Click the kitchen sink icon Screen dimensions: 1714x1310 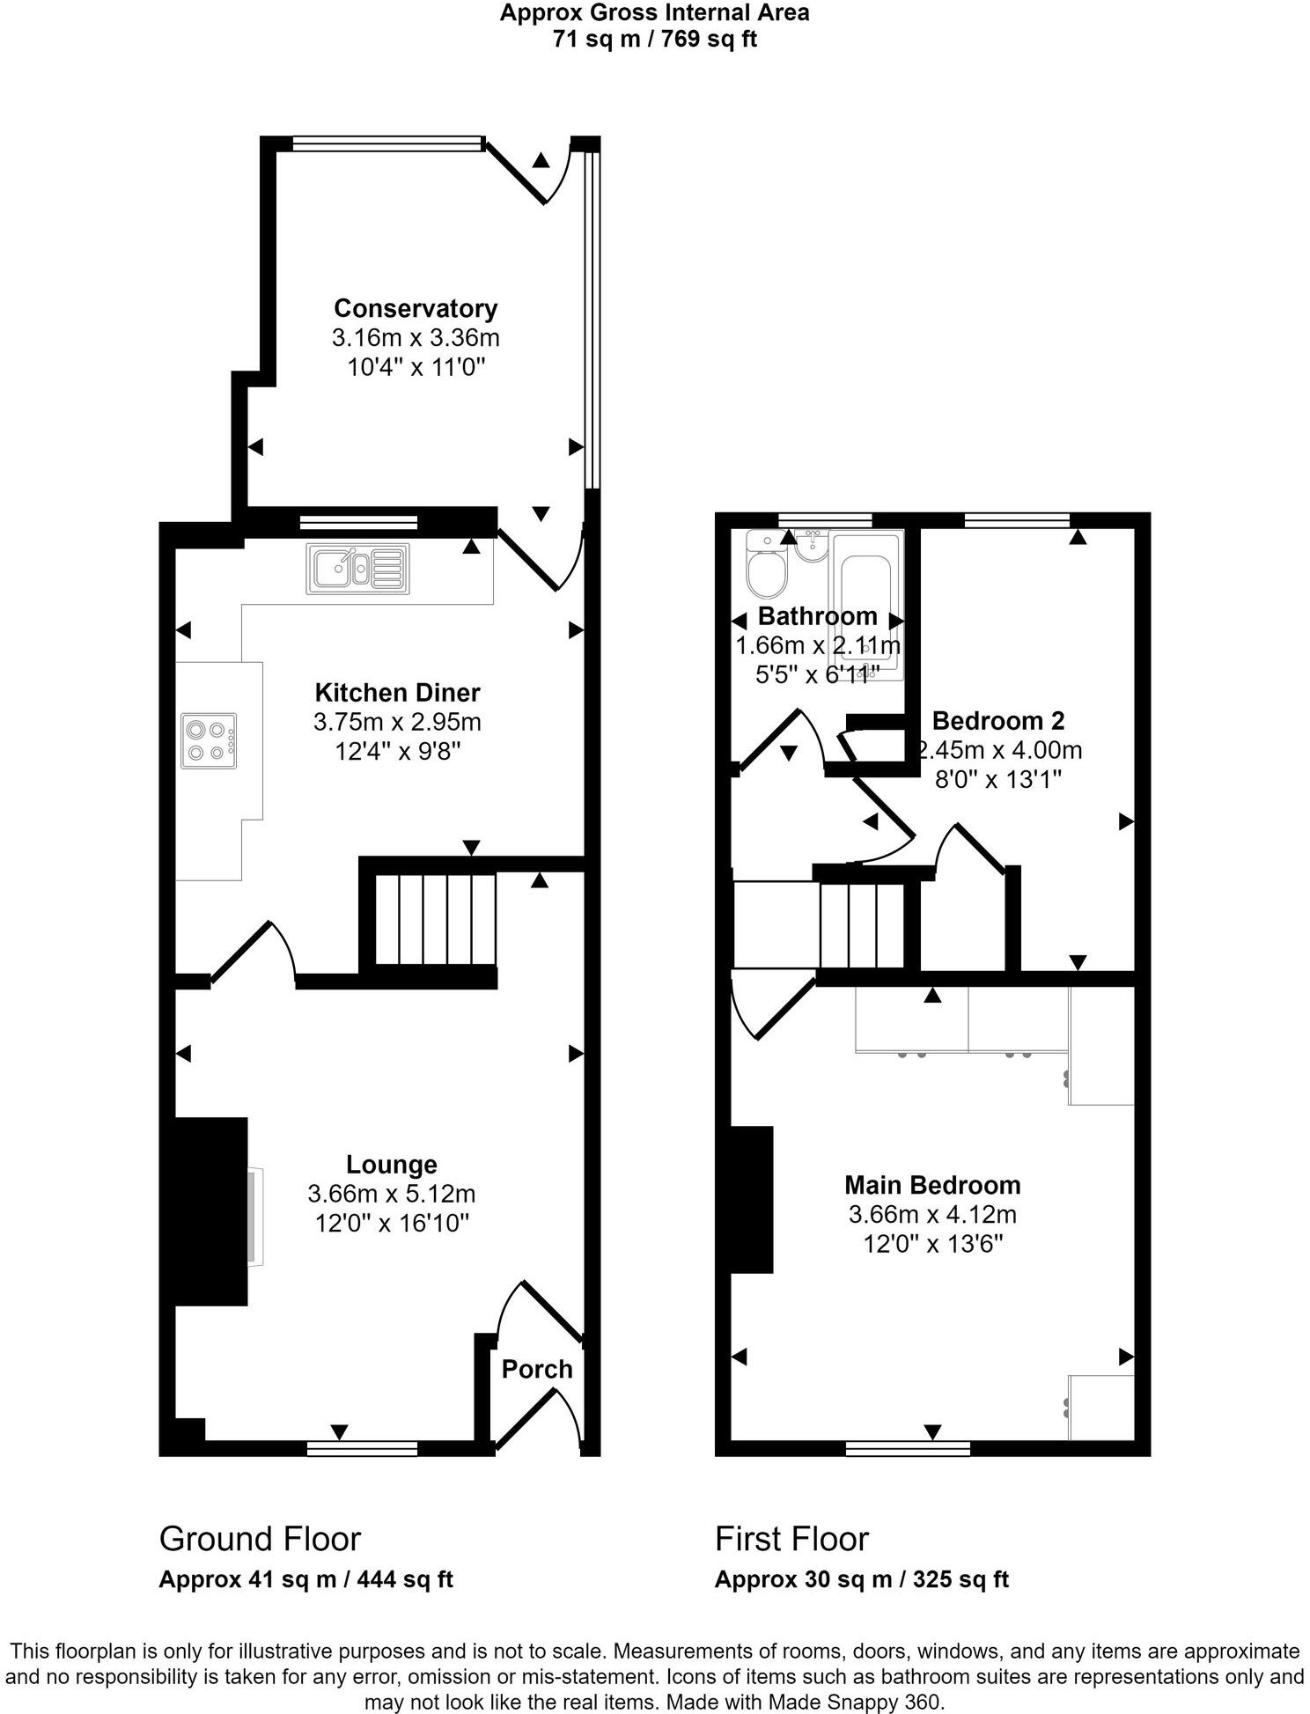tap(357, 569)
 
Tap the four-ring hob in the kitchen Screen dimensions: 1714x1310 tap(210, 740)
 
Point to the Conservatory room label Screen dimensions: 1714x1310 tap(416, 308)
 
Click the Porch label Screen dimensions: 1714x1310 tap(537, 1369)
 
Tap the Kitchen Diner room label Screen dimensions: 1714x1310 tap(398, 692)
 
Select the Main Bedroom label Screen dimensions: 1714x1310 tap(932, 1185)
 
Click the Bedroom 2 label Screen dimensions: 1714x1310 tap(997, 721)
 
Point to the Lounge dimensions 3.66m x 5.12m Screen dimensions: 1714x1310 tap(392, 1194)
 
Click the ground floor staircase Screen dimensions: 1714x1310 tap(437, 919)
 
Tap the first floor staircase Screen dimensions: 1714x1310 tap(863, 924)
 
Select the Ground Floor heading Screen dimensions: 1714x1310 tap(260, 1539)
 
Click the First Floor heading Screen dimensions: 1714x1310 tap(791, 1539)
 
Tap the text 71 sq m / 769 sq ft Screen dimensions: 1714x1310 tap(654, 40)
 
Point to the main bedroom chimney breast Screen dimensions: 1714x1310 tap(752, 1199)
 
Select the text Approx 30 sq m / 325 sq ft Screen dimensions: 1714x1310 tap(861, 1579)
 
